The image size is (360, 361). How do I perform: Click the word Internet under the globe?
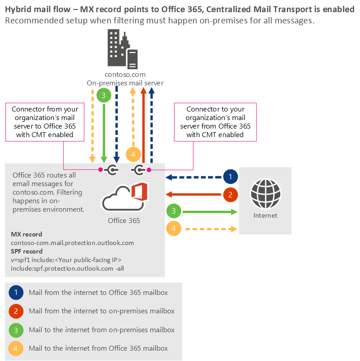265,215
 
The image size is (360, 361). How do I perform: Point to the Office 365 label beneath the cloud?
124,220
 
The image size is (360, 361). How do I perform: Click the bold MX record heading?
27,234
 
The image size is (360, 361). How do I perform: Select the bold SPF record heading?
27,251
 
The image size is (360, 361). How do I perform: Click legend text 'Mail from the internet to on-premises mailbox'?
102,311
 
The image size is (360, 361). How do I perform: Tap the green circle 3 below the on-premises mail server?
104,95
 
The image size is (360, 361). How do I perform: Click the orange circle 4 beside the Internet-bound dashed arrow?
173,228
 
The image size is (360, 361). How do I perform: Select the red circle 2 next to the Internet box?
230,194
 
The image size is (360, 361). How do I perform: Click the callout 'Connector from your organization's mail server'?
45,122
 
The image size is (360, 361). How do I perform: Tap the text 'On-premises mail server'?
125,83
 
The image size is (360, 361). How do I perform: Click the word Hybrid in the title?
17,9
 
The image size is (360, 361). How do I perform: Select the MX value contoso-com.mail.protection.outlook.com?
72,243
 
